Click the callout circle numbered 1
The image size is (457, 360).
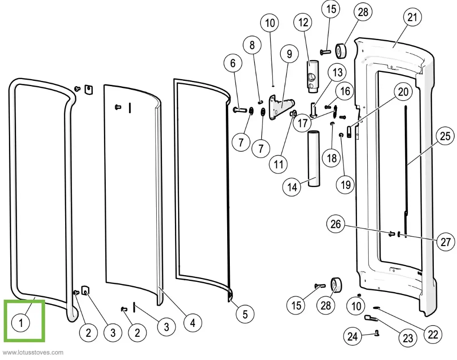pos(21,323)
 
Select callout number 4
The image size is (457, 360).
pos(192,322)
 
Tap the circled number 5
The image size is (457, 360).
pos(245,314)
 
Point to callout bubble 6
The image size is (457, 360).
pos(233,64)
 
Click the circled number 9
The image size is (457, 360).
pos(289,54)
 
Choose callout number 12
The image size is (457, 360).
pos(303,22)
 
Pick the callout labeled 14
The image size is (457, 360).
pos(292,187)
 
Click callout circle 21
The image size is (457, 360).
pos(411,18)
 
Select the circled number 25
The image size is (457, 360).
pos(445,137)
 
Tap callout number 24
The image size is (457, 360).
pos(353,335)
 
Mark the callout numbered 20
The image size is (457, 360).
pos(403,92)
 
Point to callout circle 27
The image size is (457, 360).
pos(445,242)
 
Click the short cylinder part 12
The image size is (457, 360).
pos(311,75)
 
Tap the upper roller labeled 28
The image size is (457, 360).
pos(341,51)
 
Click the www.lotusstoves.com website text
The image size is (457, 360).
pos(33,352)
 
